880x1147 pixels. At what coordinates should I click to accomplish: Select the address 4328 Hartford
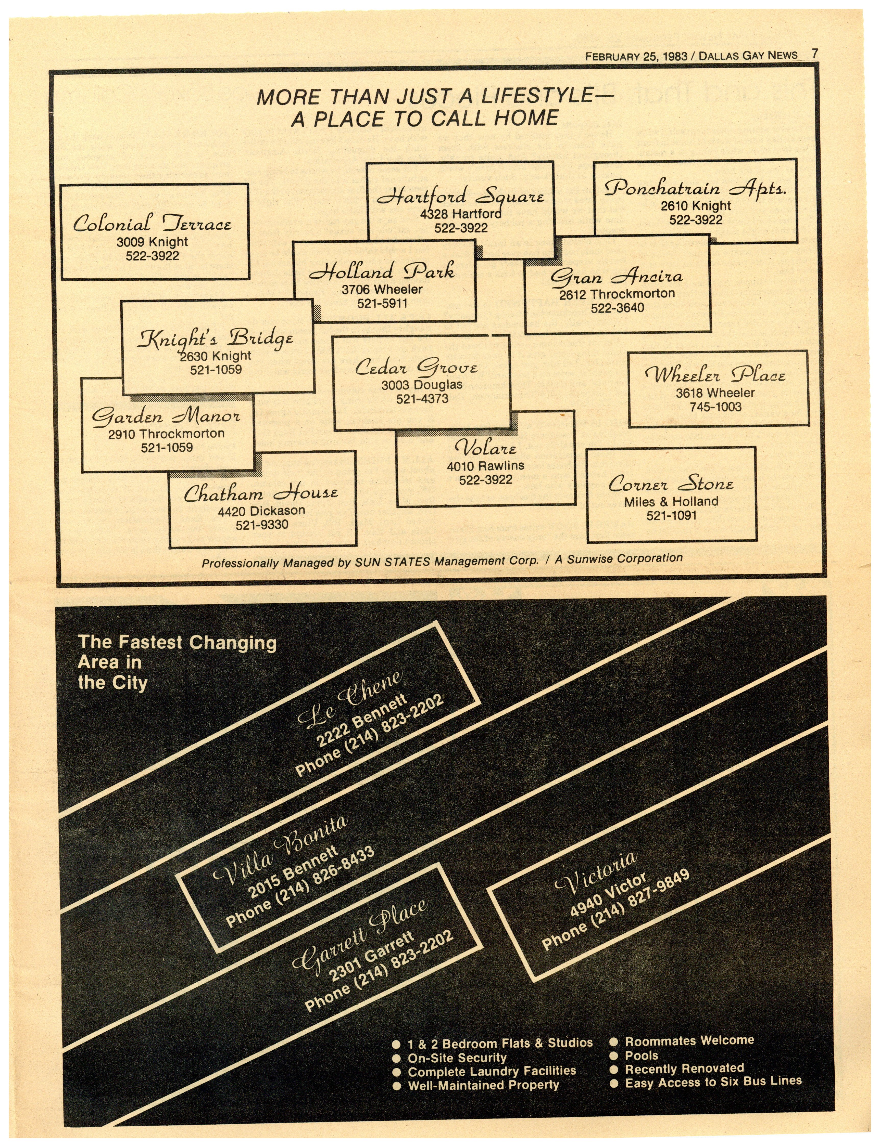tap(460, 214)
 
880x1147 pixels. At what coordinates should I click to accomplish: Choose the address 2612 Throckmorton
tap(617, 294)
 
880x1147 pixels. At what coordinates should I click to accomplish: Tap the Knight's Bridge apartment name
tap(215, 339)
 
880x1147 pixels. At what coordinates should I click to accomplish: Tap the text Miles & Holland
tap(671, 502)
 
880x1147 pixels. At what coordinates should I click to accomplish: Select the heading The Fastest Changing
tap(177, 642)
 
